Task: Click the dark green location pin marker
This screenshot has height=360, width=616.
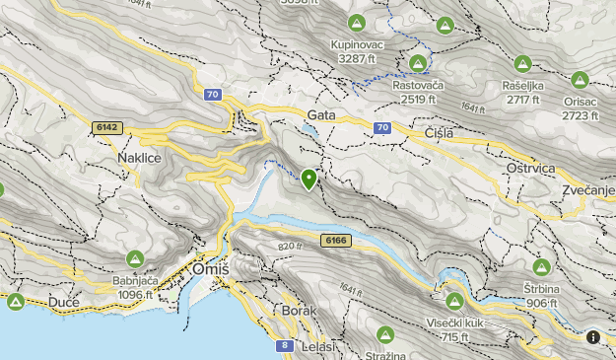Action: point(308,179)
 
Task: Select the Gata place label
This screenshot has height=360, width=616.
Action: point(321,115)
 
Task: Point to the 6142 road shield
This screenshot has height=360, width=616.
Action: point(106,127)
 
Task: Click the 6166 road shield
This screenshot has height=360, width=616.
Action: point(335,240)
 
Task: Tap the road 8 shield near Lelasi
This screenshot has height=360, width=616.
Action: point(284,345)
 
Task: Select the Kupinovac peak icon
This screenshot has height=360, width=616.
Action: point(357,24)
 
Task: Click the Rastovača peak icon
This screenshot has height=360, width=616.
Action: point(417,64)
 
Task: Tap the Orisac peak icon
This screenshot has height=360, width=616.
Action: point(580,80)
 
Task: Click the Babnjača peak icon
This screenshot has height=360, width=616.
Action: point(137,258)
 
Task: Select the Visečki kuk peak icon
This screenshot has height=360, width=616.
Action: point(454,301)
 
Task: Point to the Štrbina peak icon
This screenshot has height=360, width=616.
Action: point(541,267)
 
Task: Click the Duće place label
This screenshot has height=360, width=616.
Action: point(63,301)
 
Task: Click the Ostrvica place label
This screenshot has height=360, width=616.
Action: point(533,170)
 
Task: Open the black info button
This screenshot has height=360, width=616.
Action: point(593,337)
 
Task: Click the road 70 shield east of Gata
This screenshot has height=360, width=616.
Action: point(382,127)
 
